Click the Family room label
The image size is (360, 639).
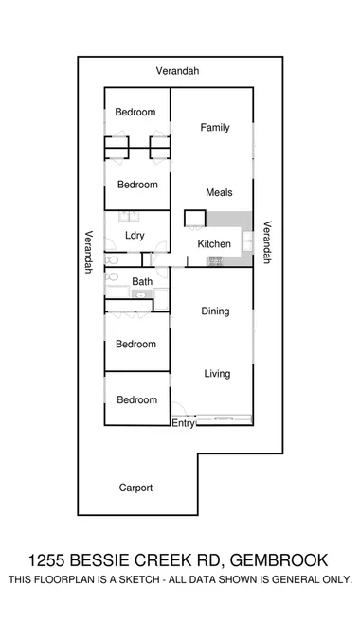point(213,128)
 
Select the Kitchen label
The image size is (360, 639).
point(213,244)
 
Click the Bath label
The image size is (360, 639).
point(142,282)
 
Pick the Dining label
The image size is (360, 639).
point(215,311)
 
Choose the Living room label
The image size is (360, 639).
point(217,374)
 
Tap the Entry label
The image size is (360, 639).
point(183,424)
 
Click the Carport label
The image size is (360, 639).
point(135,488)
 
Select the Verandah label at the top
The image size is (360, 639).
point(178,71)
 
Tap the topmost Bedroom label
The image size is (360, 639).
point(135,113)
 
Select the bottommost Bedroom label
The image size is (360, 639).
point(136,400)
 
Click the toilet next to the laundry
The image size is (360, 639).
point(112,257)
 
